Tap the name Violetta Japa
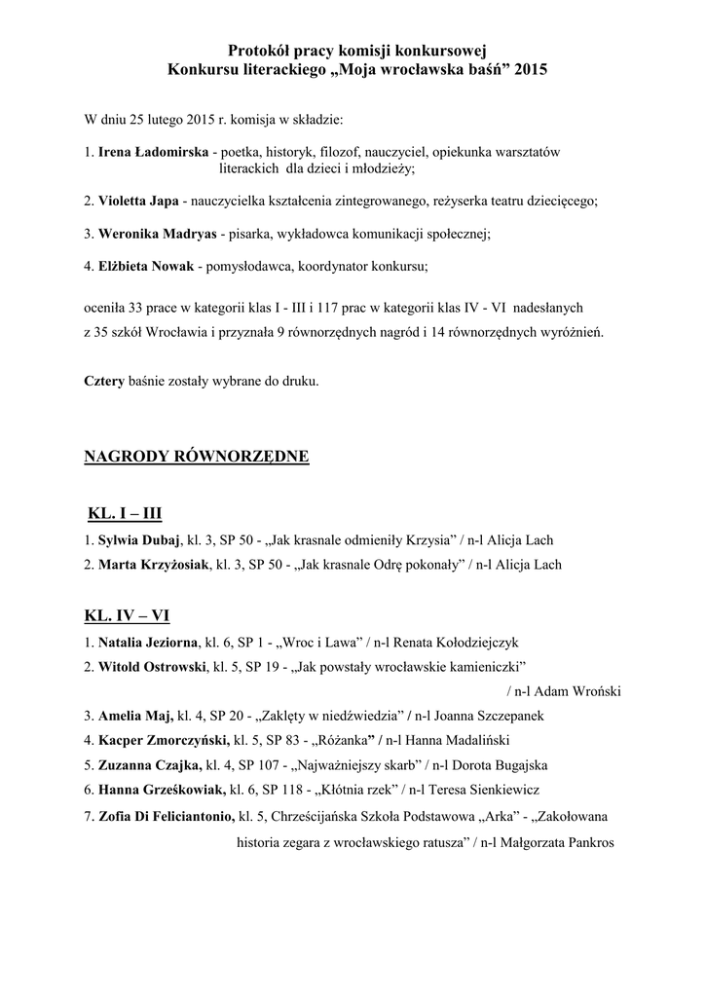138,201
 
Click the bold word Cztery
104,381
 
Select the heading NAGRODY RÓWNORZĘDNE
197,456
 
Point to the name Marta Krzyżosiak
153,565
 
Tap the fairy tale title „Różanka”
343,740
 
